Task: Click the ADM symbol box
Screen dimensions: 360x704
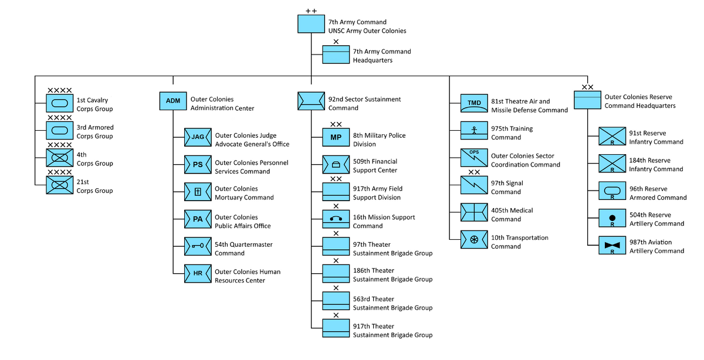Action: click(x=173, y=101)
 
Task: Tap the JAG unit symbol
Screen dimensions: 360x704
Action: click(x=198, y=137)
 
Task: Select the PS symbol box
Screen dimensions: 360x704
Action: click(x=198, y=165)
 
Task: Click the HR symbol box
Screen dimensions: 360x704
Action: click(x=198, y=273)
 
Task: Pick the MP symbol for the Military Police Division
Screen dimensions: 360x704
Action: click(x=336, y=137)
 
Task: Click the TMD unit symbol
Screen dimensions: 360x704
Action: click(x=474, y=103)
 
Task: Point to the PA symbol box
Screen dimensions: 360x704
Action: click(x=198, y=219)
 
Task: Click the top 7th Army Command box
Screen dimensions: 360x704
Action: click(x=312, y=23)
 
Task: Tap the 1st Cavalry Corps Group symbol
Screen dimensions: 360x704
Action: click(x=60, y=103)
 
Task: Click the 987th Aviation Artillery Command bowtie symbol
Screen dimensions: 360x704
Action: click(x=612, y=245)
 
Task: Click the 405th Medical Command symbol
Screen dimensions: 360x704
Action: click(x=474, y=212)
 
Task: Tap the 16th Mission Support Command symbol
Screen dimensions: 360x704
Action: click(x=336, y=219)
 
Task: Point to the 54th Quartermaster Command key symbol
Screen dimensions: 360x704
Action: click(x=198, y=246)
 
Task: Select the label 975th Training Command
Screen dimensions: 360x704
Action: click(x=512, y=133)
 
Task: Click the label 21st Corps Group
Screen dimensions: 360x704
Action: click(x=94, y=186)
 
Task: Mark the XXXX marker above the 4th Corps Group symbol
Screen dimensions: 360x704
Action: click(x=59, y=145)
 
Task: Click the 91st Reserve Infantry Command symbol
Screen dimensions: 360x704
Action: click(x=612, y=137)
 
